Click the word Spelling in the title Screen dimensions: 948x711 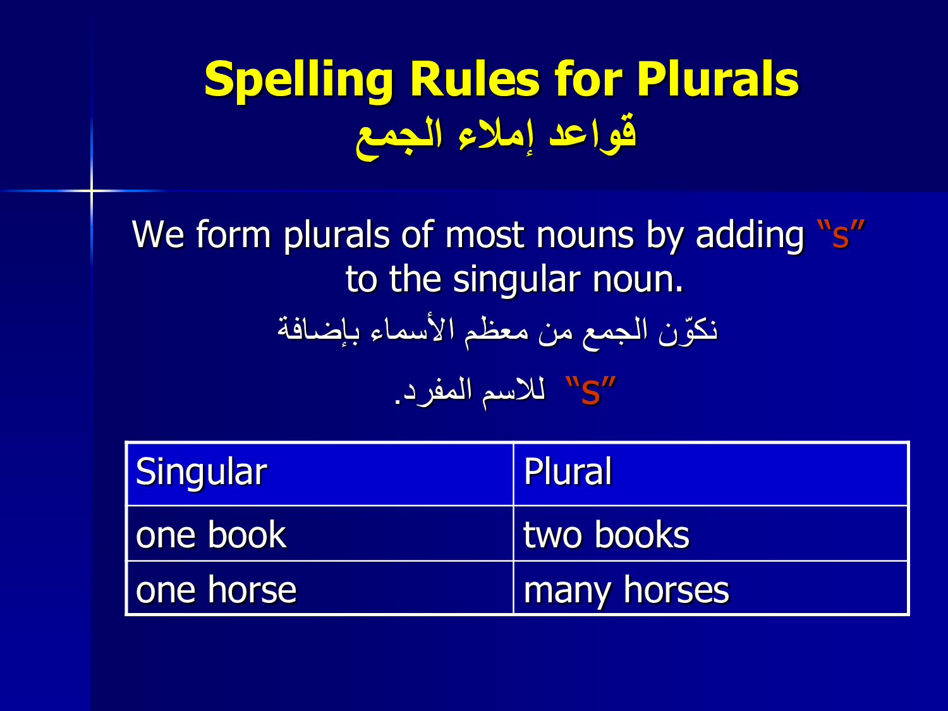pos(298,81)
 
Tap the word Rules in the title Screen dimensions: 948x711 pos(475,79)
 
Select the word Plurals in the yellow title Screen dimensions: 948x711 pos(718,79)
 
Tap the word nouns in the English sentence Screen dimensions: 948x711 pos(585,236)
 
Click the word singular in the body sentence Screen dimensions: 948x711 pos(516,281)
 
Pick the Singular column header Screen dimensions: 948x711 pos(201,473)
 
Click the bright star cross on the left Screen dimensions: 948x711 pos(92,190)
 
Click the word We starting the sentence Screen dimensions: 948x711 pos(157,235)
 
